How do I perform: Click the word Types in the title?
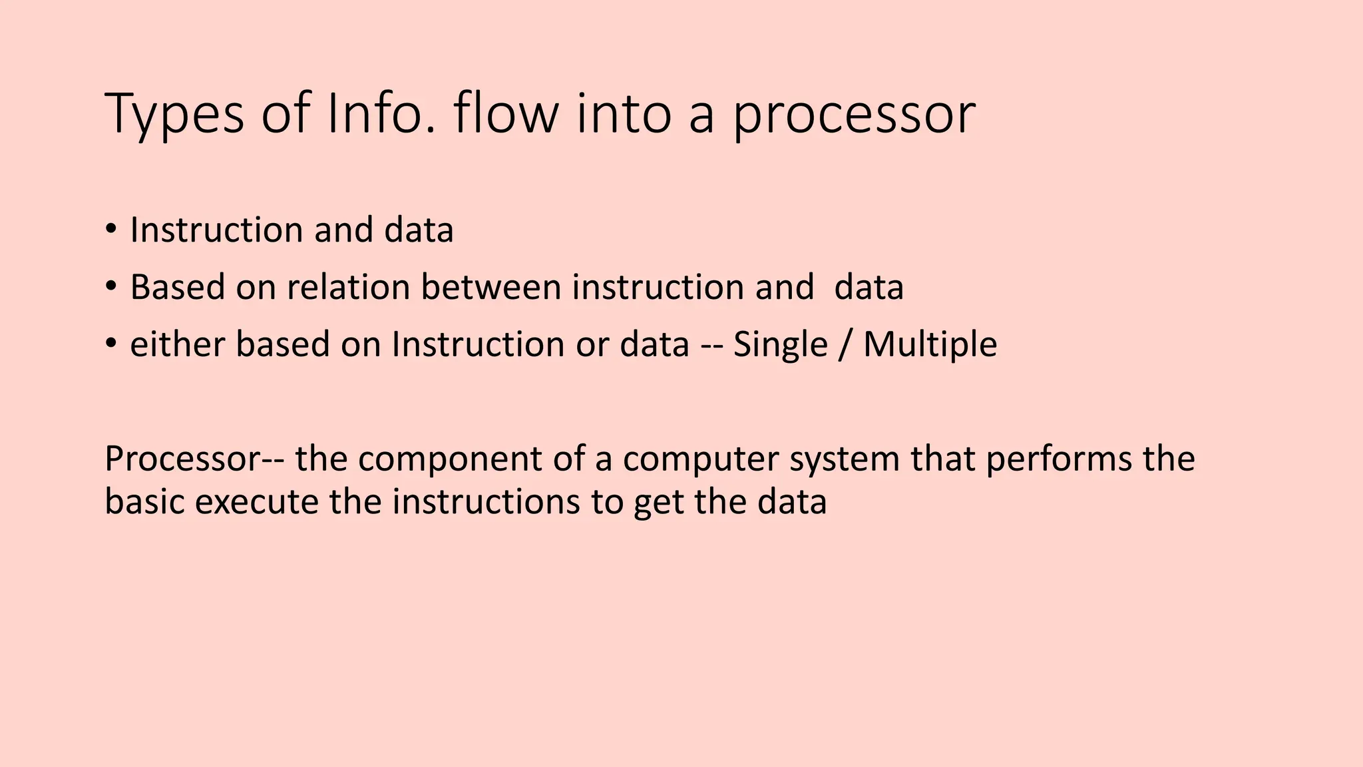pos(174,115)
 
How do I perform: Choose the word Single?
pos(780,345)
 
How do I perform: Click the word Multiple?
pos(930,345)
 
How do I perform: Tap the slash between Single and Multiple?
pos(845,345)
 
